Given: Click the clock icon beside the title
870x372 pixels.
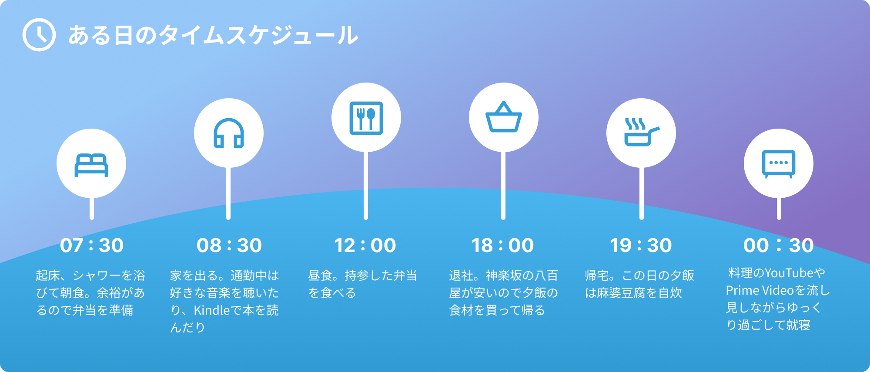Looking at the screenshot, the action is tap(39, 35).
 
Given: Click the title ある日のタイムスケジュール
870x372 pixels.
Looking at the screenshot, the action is tap(213, 35).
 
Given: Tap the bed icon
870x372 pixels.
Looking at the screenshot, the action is tap(91, 165).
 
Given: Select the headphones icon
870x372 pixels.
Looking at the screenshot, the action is tap(229, 133).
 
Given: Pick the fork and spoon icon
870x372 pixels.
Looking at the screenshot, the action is tap(366, 118).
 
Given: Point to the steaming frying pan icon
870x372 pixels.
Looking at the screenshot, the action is tap(642, 132).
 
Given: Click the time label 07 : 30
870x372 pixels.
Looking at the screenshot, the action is tap(92, 246).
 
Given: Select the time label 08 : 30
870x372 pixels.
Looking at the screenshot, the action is tap(229, 246).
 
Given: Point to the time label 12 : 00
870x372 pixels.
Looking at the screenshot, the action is tap(365, 246).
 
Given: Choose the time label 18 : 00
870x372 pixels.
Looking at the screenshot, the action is tap(503, 246).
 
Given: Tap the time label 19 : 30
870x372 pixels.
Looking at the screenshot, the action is tap(641, 246).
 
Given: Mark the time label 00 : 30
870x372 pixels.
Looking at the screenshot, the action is tap(779, 246).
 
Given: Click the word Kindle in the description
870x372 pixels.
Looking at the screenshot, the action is tap(212, 310).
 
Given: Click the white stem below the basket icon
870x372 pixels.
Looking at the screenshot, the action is tap(503, 186).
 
